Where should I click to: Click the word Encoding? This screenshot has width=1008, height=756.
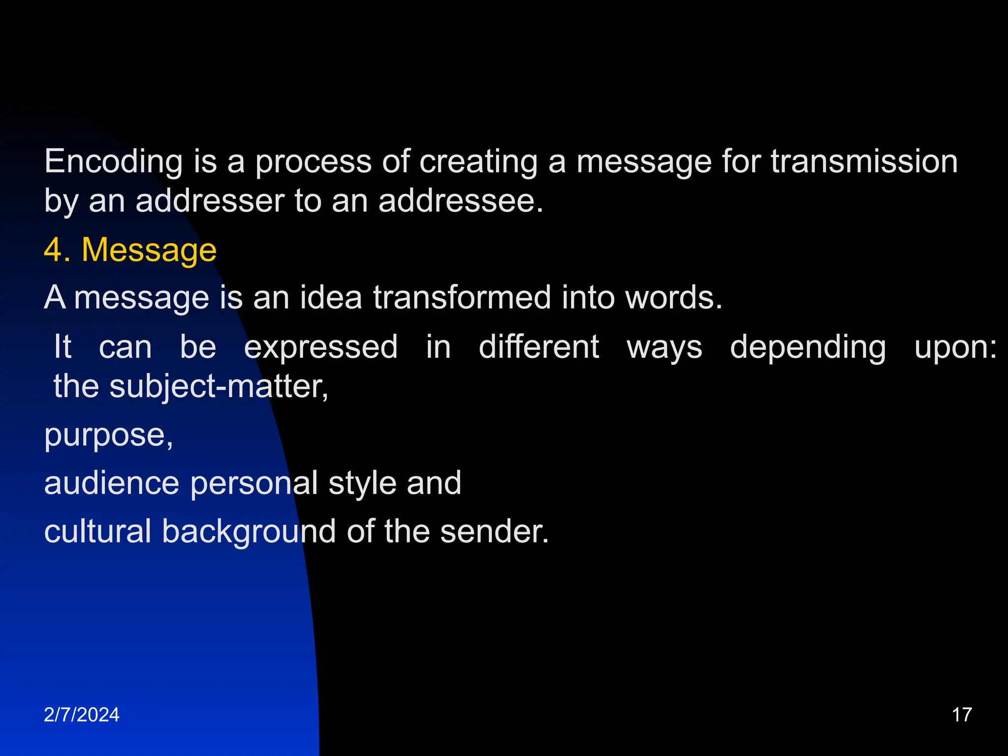[x=113, y=162]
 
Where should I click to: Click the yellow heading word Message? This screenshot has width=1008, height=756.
[x=149, y=250]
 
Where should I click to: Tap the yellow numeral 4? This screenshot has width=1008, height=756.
[x=53, y=250]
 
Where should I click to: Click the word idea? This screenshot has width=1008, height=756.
[x=331, y=298]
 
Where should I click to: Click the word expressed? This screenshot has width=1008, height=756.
[x=321, y=347]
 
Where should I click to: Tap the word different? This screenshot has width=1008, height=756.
[x=539, y=347]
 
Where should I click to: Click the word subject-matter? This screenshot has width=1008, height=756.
[x=218, y=386]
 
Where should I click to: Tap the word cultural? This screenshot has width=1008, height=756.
[x=97, y=532]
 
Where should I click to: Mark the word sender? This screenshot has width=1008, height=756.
[x=494, y=532]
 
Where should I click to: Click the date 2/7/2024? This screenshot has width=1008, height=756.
[x=82, y=715]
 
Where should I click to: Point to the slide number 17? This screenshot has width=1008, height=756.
[x=962, y=715]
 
